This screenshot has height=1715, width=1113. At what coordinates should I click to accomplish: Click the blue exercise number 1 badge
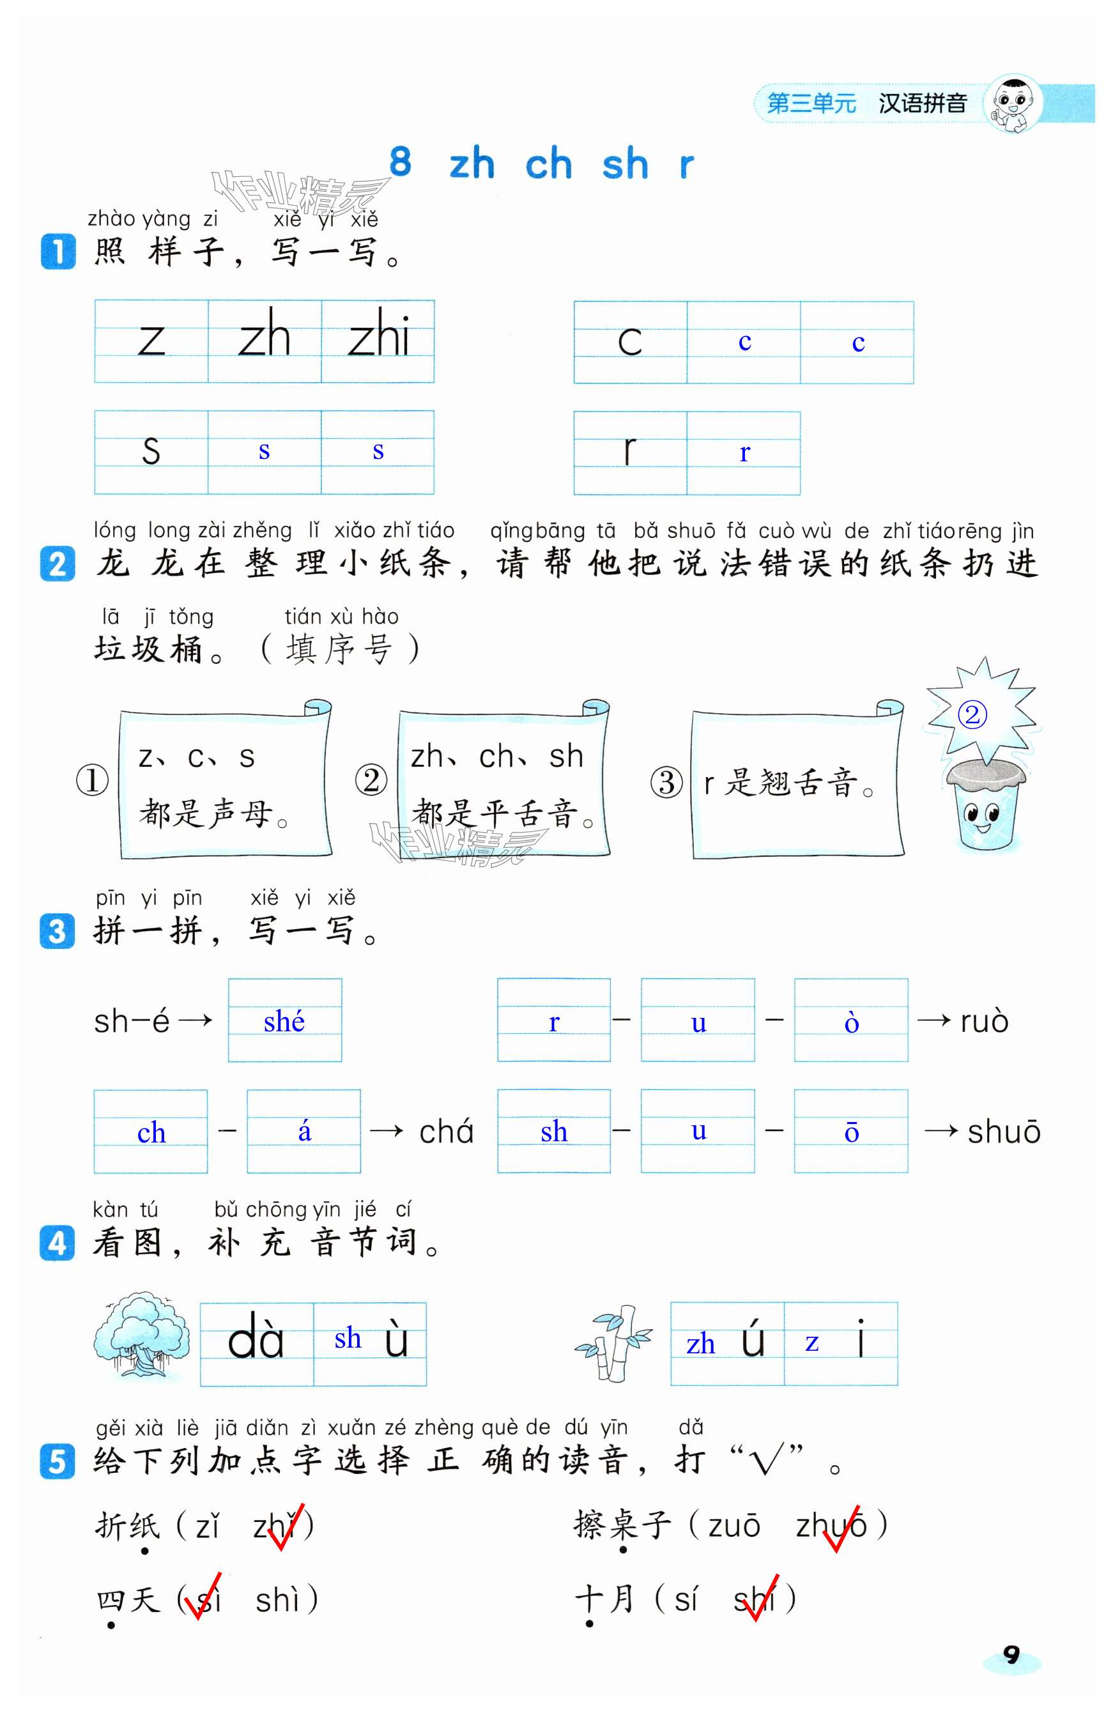tap(58, 252)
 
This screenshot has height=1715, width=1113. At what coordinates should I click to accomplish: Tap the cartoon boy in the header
tap(1013, 103)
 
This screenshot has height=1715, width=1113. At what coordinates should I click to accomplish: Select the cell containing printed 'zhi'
tap(378, 340)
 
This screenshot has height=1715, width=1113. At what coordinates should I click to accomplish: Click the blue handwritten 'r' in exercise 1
tap(744, 453)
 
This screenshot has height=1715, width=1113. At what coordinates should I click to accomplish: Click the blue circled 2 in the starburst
tap(972, 715)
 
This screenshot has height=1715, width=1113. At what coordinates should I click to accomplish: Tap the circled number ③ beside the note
tap(666, 782)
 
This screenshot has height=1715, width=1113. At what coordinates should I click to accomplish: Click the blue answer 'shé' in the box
tap(284, 1021)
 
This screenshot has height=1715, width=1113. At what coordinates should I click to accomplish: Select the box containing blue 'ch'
tap(151, 1132)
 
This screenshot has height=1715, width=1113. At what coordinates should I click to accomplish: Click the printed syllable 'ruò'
tap(984, 1022)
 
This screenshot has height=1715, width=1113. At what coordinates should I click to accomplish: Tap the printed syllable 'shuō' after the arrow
tap(1004, 1132)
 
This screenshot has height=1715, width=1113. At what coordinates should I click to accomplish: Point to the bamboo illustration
tap(614, 1342)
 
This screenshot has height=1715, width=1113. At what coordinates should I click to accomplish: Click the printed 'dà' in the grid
tap(256, 1342)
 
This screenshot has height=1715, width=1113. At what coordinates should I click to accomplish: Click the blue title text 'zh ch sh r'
tap(571, 164)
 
